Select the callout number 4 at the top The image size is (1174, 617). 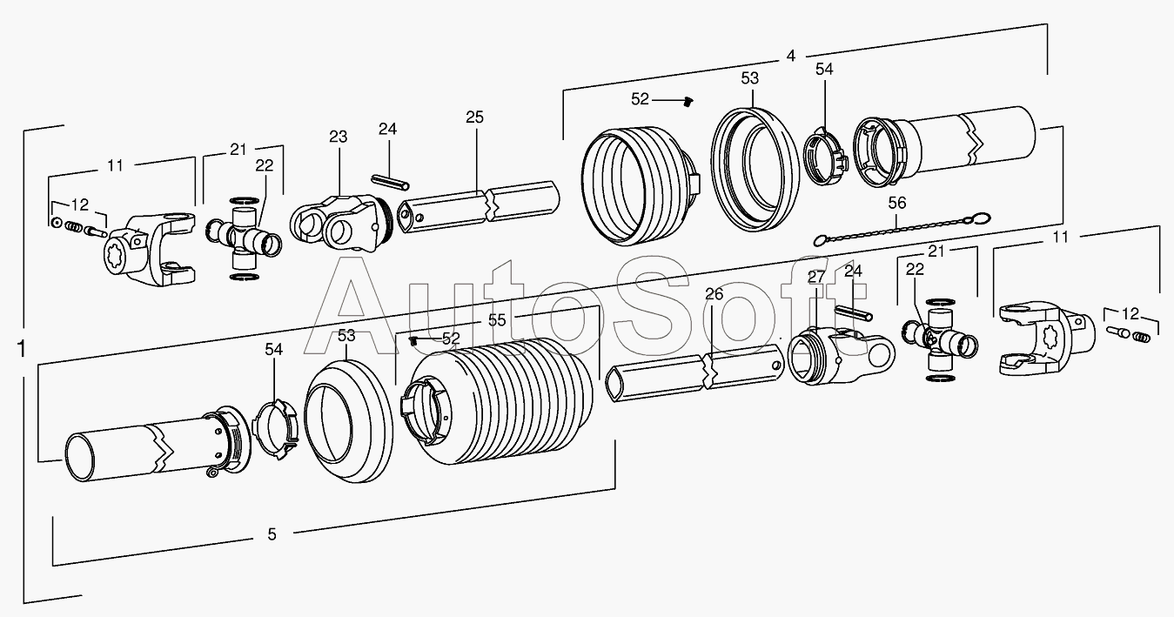790,56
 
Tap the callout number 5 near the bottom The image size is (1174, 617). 272,534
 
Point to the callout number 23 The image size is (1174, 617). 338,137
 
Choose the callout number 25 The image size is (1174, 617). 474,117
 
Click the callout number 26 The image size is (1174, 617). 714,295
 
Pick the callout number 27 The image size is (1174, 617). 815,277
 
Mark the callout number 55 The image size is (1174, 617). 496,319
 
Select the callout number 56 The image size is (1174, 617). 897,203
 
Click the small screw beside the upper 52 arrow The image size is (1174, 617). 687,102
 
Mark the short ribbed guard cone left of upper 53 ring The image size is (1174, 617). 635,184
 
